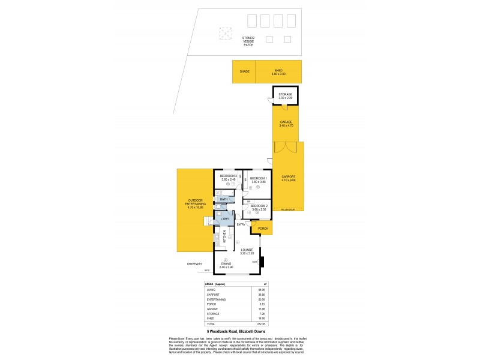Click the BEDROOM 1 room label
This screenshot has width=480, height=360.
pos(258,178)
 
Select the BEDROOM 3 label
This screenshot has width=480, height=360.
pos(230,176)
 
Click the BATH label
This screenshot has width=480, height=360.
pos(224,199)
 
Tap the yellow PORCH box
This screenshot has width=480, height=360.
pos(262,229)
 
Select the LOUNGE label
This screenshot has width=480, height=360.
pos(247,250)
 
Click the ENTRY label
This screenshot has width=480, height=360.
pos(241,224)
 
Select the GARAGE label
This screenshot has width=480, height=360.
pos(286,123)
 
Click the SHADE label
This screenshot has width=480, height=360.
pos(244,71)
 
